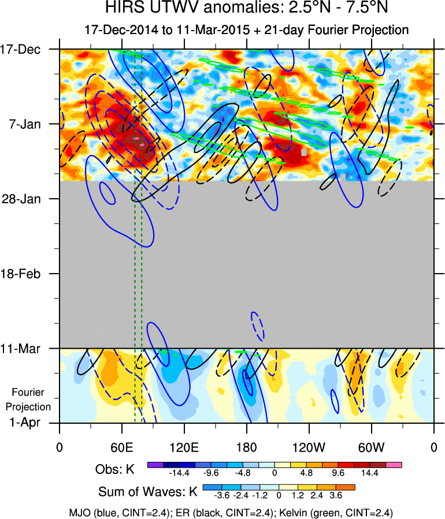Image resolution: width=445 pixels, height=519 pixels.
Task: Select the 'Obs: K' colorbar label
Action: point(115,469)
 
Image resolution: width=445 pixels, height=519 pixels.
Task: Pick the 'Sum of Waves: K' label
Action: point(148,492)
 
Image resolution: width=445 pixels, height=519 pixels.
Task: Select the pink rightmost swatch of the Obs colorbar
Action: point(394,464)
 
